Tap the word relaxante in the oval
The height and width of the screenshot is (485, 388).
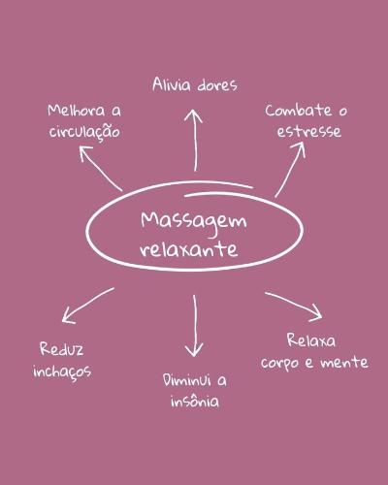(x=189, y=249)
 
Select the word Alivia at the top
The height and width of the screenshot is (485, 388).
(x=172, y=84)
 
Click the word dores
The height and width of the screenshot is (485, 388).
(x=217, y=85)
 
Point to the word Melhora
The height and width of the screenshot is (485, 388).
(x=77, y=111)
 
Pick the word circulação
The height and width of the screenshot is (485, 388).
(x=84, y=131)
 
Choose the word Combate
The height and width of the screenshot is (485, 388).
(x=299, y=111)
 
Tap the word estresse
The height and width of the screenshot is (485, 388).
(x=309, y=132)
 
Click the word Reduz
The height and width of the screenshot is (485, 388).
(x=62, y=349)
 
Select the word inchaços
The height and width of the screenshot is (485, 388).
(x=62, y=372)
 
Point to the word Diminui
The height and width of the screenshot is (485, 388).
(x=187, y=380)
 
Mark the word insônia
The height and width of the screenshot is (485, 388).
(x=195, y=401)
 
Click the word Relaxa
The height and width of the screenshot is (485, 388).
(x=311, y=340)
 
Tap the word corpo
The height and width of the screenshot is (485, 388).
(x=280, y=363)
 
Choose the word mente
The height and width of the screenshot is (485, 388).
(x=344, y=362)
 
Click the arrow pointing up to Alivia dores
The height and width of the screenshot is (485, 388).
(x=194, y=140)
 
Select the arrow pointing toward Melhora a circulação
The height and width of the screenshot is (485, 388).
(x=101, y=169)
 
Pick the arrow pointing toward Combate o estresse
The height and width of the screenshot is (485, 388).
(x=290, y=170)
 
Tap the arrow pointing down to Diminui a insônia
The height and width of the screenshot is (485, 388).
(x=194, y=326)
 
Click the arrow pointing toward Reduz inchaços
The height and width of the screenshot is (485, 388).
(x=88, y=306)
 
